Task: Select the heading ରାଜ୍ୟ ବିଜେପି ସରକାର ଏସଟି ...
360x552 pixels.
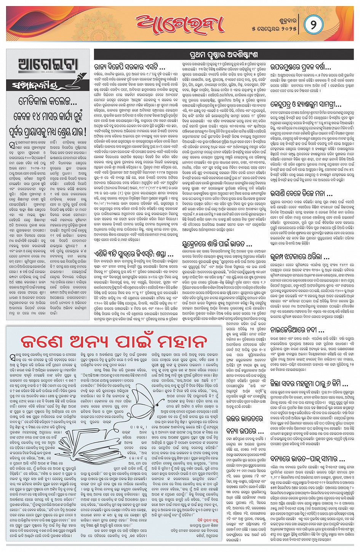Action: (x=130, y=67)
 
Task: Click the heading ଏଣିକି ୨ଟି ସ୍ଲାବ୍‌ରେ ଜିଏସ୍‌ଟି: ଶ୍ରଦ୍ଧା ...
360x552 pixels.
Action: (x=134, y=253)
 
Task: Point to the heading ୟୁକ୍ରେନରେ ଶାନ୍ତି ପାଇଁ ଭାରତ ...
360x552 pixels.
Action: (x=217, y=244)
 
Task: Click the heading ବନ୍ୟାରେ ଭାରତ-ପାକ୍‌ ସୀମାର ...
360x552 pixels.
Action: (x=307, y=459)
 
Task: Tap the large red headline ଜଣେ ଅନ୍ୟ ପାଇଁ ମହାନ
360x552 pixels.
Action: (x=114, y=341)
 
